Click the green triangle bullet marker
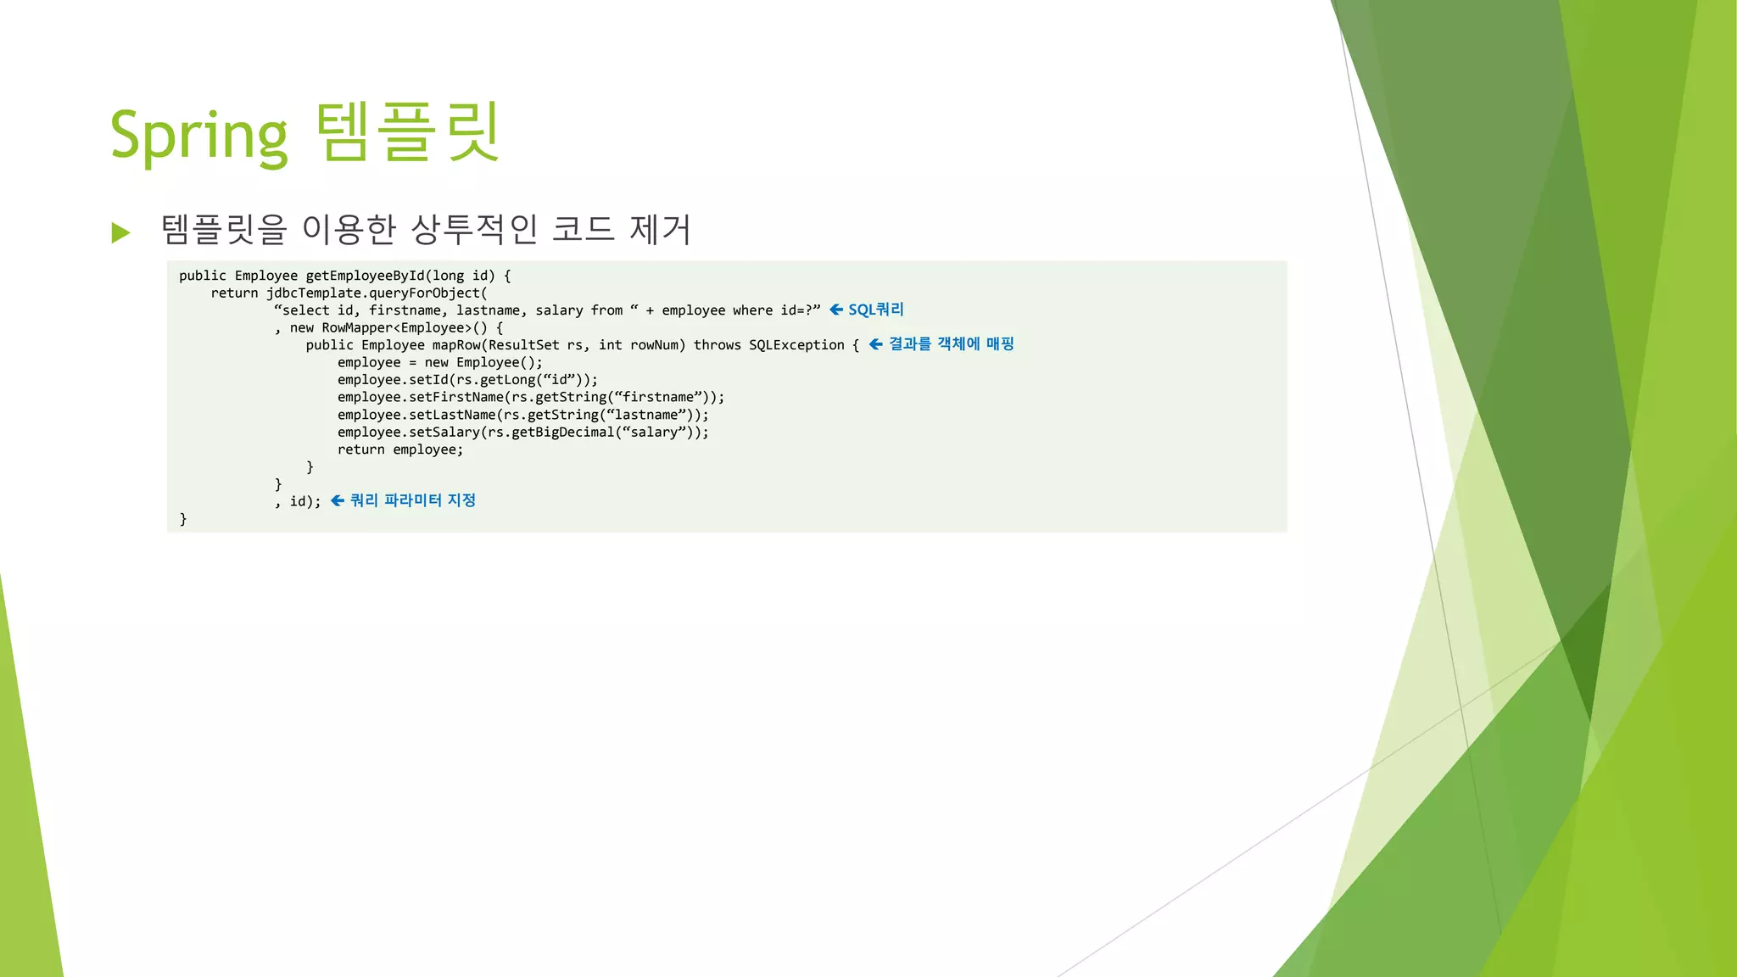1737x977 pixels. coord(121,232)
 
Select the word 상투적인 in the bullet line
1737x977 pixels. coord(474,229)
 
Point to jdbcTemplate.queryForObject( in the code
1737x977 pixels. coord(377,293)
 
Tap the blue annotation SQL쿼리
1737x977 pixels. coord(876,310)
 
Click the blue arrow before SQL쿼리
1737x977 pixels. coord(836,310)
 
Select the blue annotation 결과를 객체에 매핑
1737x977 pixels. coord(951,343)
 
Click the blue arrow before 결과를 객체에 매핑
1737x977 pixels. coord(876,344)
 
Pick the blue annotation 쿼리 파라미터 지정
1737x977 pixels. coord(412,500)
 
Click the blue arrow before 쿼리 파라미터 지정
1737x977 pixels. coord(338,500)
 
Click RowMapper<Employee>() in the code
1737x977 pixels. coord(405,328)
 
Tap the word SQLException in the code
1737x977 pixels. coord(796,345)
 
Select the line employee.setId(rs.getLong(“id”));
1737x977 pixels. coord(467,380)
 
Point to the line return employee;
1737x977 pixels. coord(400,449)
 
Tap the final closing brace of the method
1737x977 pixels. coord(183,519)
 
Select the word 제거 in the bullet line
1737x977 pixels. coord(660,229)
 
